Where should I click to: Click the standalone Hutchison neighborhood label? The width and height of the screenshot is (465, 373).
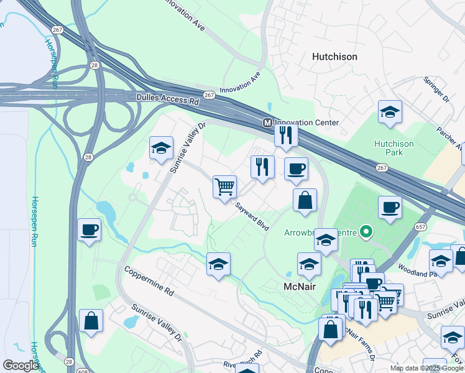click(334, 57)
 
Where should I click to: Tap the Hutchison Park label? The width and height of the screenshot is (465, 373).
click(394, 149)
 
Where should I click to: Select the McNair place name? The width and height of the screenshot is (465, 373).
click(301, 287)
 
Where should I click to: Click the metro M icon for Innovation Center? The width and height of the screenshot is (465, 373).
click(267, 122)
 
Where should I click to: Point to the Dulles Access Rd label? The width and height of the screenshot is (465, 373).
click(167, 99)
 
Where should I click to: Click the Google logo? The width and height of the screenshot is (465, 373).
click(21, 366)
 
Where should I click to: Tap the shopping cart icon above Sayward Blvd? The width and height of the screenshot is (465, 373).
click(224, 186)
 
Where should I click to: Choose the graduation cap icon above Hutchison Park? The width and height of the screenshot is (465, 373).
click(390, 111)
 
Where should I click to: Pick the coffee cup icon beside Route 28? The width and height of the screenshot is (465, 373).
click(90, 229)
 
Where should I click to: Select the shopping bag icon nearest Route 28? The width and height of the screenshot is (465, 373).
click(91, 321)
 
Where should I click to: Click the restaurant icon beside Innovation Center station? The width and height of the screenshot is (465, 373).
click(286, 135)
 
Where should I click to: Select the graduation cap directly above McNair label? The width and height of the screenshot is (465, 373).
click(309, 264)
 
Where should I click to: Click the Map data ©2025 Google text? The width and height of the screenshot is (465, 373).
click(426, 368)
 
